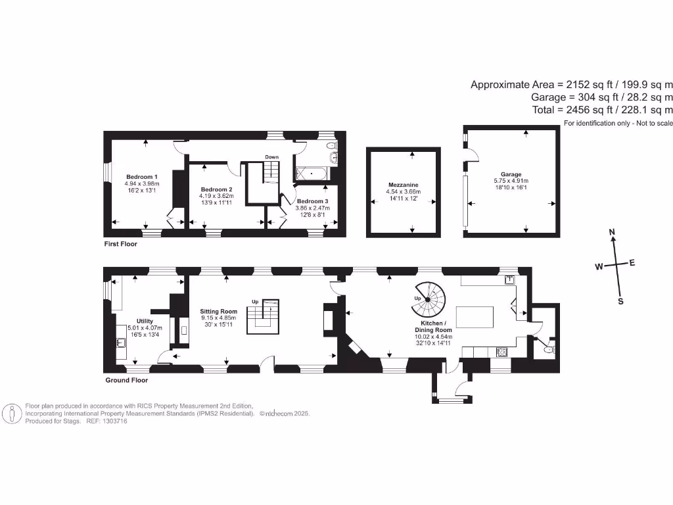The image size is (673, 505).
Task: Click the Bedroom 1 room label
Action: click(141, 176)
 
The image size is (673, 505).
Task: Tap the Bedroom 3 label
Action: click(312, 201)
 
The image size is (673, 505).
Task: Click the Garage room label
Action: click(511, 174)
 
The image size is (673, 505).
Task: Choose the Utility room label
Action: click(144, 321)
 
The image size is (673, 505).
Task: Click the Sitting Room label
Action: click(218, 311)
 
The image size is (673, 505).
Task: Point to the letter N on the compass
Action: click(612, 232)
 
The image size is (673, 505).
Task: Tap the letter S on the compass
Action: click(620, 301)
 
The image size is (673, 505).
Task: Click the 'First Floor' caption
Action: click(120, 243)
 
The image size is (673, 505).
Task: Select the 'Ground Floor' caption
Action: click(127, 380)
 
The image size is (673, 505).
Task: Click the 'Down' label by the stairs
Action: click(271, 156)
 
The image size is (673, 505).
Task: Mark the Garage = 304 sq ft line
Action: click(601, 97)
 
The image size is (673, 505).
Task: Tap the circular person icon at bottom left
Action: click(12, 414)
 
